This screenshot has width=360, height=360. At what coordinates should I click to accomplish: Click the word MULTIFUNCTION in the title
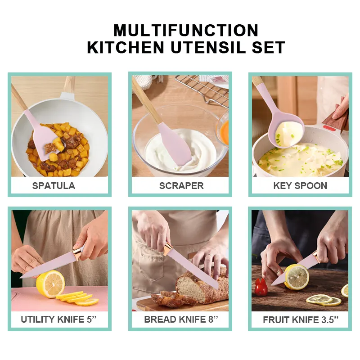point(186,30)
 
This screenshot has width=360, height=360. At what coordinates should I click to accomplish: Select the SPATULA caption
point(54,186)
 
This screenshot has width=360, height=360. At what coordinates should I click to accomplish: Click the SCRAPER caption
point(181,186)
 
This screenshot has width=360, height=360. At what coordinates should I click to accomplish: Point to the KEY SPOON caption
point(300,186)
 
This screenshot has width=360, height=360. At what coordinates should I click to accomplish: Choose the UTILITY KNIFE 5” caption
point(58,319)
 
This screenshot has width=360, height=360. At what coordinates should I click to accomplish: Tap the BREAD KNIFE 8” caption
point(181,319)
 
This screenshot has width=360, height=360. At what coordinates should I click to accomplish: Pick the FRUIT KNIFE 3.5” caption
point(301,319)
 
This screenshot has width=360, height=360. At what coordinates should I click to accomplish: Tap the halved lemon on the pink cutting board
point(50,284)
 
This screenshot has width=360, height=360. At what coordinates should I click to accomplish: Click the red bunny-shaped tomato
point(261,287)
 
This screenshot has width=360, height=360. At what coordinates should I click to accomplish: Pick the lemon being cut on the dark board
point(297,277)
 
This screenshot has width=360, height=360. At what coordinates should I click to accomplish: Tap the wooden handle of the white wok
point(69,85)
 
